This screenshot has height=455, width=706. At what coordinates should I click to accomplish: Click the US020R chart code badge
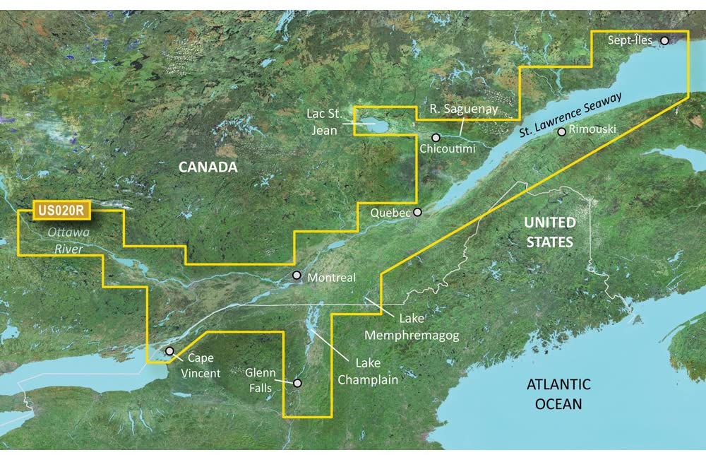click(x=61, y=210)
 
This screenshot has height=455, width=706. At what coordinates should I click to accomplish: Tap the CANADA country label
click(x=208, y=167)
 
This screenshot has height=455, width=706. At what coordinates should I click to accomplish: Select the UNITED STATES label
click(x=549, y=232)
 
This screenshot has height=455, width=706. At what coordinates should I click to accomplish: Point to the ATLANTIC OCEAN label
click(x=558, y=394)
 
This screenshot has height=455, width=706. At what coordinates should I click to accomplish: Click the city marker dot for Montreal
click(x=297, y=276)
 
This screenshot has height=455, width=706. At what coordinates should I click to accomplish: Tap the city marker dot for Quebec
click(x=417, y=211)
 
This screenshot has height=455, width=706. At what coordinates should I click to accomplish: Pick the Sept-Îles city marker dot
click(x=664, y=41)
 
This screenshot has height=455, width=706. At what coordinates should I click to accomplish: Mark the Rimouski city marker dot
click(x=561, y=131)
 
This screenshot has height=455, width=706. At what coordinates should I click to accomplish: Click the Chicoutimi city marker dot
click(x=436, y=137)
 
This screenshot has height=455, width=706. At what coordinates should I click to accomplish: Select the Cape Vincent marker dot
click(x=169, y=350)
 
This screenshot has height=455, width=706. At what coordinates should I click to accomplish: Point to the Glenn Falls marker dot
click(x=297, y=383)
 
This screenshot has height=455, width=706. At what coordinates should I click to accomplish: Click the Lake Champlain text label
click(x=367, y=372)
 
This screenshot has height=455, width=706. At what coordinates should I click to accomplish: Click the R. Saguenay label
click(x=465, y=108)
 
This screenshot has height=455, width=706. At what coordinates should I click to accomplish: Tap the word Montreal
click(x=332, y=278)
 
